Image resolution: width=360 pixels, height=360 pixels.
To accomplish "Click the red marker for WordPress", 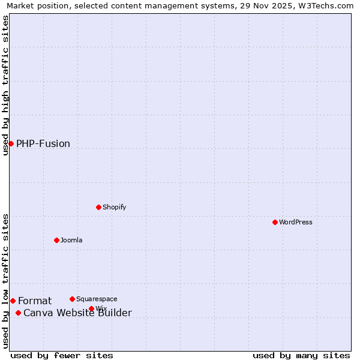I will [275, 222].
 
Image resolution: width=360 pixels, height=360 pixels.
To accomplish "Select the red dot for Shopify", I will [98, 207].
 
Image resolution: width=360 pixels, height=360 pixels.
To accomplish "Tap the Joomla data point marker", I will [56, 240].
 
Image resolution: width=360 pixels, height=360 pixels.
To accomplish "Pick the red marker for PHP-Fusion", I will [11, 143].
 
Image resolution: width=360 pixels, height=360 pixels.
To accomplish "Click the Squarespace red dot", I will [72, 299].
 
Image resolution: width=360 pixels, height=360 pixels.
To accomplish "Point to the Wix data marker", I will [91, 308].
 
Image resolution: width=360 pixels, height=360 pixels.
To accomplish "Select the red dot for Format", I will [13, 301].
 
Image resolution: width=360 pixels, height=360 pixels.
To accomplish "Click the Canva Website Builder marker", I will [18, 313].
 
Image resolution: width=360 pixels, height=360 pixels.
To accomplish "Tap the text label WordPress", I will [296, 222].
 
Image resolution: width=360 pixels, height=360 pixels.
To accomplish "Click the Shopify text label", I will [114, 207].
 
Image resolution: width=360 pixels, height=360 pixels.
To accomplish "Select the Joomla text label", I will [71, 240].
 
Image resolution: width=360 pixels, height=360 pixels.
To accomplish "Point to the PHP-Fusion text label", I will [43, 143].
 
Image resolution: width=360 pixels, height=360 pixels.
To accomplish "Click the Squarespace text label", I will [97, 299].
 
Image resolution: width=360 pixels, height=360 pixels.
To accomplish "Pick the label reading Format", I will [35, 301].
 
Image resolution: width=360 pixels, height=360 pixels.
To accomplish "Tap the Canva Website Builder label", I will [77, 313].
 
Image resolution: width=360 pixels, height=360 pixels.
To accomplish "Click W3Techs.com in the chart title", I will [326, 5].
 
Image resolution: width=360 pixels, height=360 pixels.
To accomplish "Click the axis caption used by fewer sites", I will [62, 355].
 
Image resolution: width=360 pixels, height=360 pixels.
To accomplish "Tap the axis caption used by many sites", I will [301, 355].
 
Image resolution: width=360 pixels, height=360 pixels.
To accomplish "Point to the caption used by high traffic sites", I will [5, 85].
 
